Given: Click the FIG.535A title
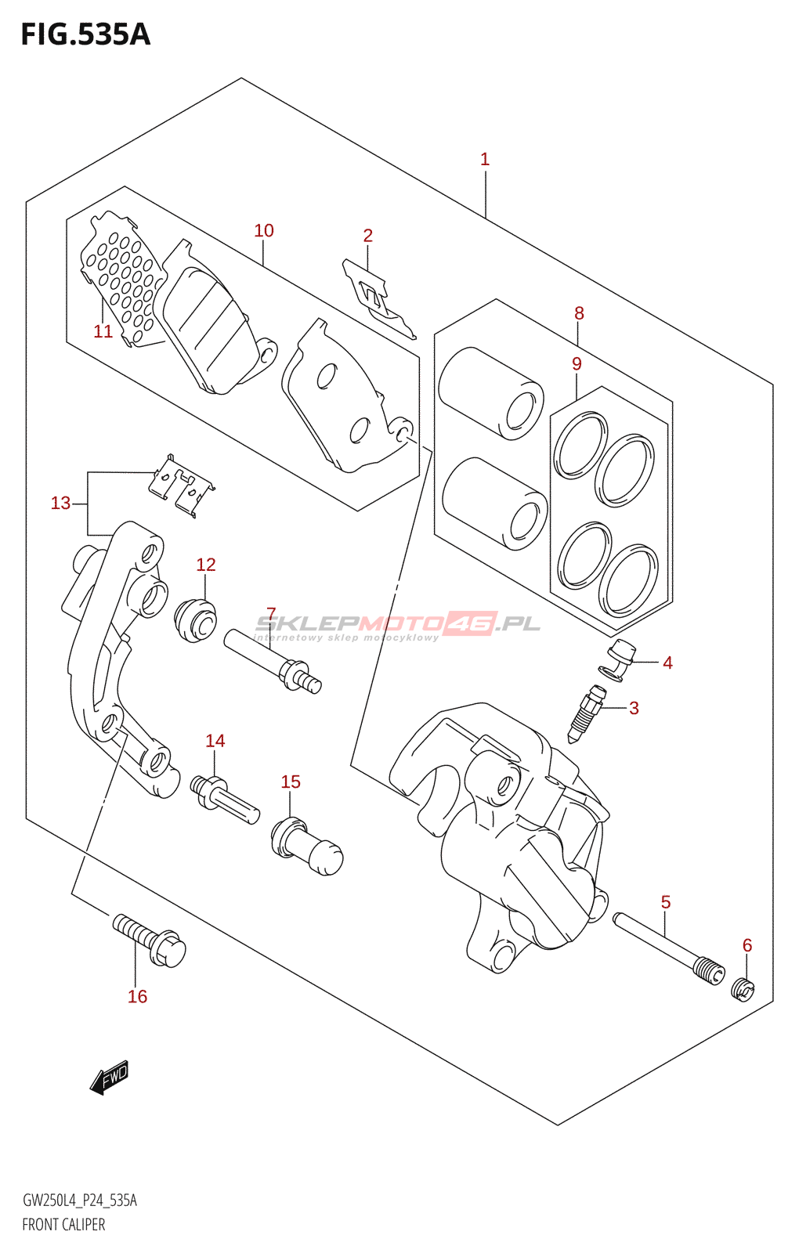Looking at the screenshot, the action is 85,34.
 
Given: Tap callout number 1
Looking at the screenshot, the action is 485,160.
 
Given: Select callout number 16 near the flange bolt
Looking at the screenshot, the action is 138,996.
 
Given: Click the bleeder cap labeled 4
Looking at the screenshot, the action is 617,660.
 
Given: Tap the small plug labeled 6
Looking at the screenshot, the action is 743,991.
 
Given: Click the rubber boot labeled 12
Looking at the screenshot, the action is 195,620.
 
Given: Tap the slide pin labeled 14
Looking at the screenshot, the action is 225,800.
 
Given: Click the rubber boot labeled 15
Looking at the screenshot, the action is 306,847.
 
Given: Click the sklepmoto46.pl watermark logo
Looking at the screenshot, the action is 398,626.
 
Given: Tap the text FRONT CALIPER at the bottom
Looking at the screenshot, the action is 63,1225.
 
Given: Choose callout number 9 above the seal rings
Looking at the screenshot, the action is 577,364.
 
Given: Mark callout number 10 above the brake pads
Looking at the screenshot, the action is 264,230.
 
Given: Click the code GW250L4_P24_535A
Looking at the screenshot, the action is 79,1201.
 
